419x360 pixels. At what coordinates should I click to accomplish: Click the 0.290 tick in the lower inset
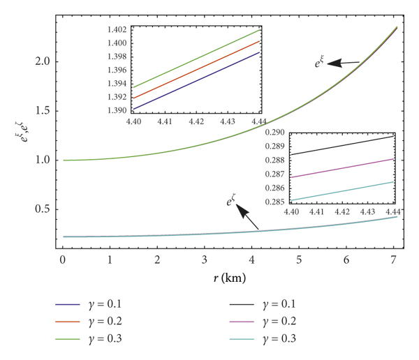pos(274,133)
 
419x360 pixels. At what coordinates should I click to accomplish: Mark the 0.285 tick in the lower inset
pos(274,202)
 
